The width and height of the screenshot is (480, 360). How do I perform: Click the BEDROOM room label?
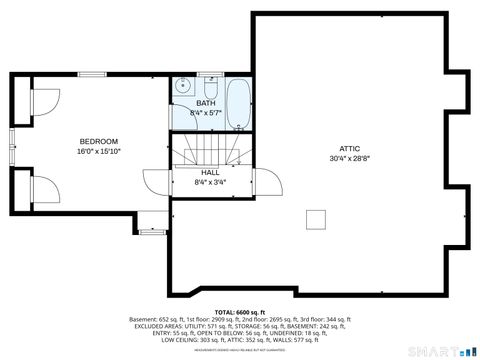(x=98, y=141)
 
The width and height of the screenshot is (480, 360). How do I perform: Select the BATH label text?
(x=205, y=103)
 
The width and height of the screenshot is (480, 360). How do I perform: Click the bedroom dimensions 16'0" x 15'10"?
(x=98, y=152)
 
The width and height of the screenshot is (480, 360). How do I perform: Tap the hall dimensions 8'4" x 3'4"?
(x=210, y=182)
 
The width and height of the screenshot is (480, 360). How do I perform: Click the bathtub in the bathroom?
(x=238, y=105)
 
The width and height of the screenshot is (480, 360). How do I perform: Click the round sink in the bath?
(x=183, y=87)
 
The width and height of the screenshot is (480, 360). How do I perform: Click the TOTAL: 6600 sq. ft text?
(x=239, y=313)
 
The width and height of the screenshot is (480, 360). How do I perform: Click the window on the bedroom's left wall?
(x=12, y=143)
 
